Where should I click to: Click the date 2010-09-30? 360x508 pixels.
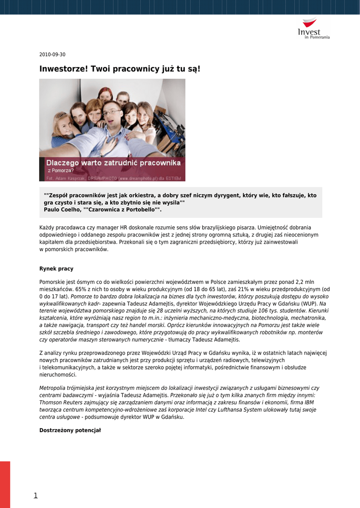(x=52, y=55)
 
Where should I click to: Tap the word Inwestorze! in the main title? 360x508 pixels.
(x=64, y=68)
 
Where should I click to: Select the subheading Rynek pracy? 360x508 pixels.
(x=56, y=269)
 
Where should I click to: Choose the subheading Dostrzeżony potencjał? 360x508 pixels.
(x=70, y=430)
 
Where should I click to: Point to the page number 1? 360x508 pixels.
(x=36, y=495)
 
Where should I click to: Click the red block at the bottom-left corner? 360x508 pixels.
(x=5, y=484)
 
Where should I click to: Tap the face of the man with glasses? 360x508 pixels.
(x=112, y=115)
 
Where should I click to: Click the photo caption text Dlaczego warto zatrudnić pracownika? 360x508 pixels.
(x=113, y=163)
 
